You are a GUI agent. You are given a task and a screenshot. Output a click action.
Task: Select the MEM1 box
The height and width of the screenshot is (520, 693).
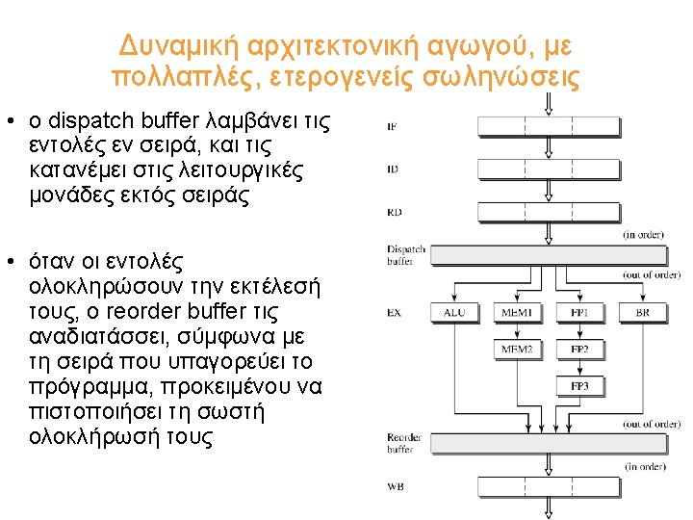(517, 313)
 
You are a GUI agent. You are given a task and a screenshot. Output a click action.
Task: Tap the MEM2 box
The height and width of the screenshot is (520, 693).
(517, 349)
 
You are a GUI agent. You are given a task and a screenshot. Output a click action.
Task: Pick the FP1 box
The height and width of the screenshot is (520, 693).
(580, 313)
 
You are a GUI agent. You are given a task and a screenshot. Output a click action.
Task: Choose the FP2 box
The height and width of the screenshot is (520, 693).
(580, 349)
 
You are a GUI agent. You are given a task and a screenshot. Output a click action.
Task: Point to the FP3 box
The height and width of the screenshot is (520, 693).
(580, 386)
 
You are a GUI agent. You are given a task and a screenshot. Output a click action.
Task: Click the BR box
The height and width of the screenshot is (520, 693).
(642, 313)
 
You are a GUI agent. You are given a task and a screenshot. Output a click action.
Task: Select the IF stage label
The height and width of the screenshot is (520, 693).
(392, 126)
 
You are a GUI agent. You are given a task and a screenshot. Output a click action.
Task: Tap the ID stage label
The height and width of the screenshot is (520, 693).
(392, 169)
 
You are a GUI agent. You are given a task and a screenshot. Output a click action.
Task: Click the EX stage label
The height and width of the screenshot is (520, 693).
(394, 313)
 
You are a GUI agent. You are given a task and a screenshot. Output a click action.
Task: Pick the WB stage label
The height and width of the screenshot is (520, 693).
(395, 487)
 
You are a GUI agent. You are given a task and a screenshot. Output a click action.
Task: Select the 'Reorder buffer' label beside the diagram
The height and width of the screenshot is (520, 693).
(400, 443)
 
